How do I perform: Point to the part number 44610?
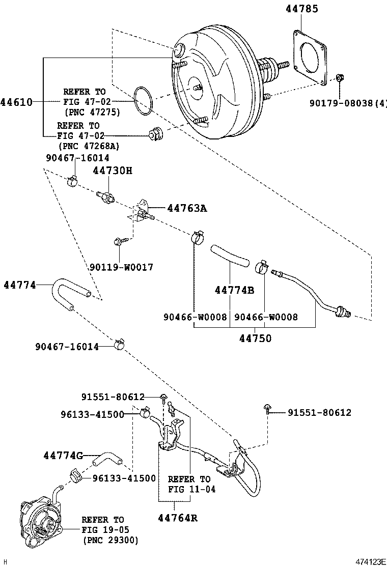(16, 102)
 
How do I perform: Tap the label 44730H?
(112, 171)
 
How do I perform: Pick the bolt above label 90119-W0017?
(119, 241)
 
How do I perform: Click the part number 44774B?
(234, 290)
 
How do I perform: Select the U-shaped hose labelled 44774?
(69, 293)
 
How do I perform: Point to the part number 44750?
(256, 338)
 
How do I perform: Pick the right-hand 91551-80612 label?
(319, 413)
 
